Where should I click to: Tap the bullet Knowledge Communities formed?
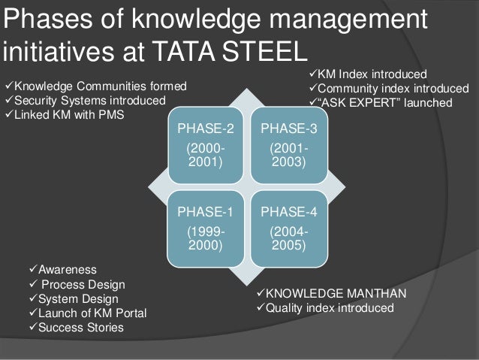[x=98, y=87]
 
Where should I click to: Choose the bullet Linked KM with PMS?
[x=68, y=114]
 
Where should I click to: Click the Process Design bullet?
[x=83, y=285]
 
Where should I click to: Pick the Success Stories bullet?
[x=80, y=327]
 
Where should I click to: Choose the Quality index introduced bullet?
[x=328, y=308]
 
